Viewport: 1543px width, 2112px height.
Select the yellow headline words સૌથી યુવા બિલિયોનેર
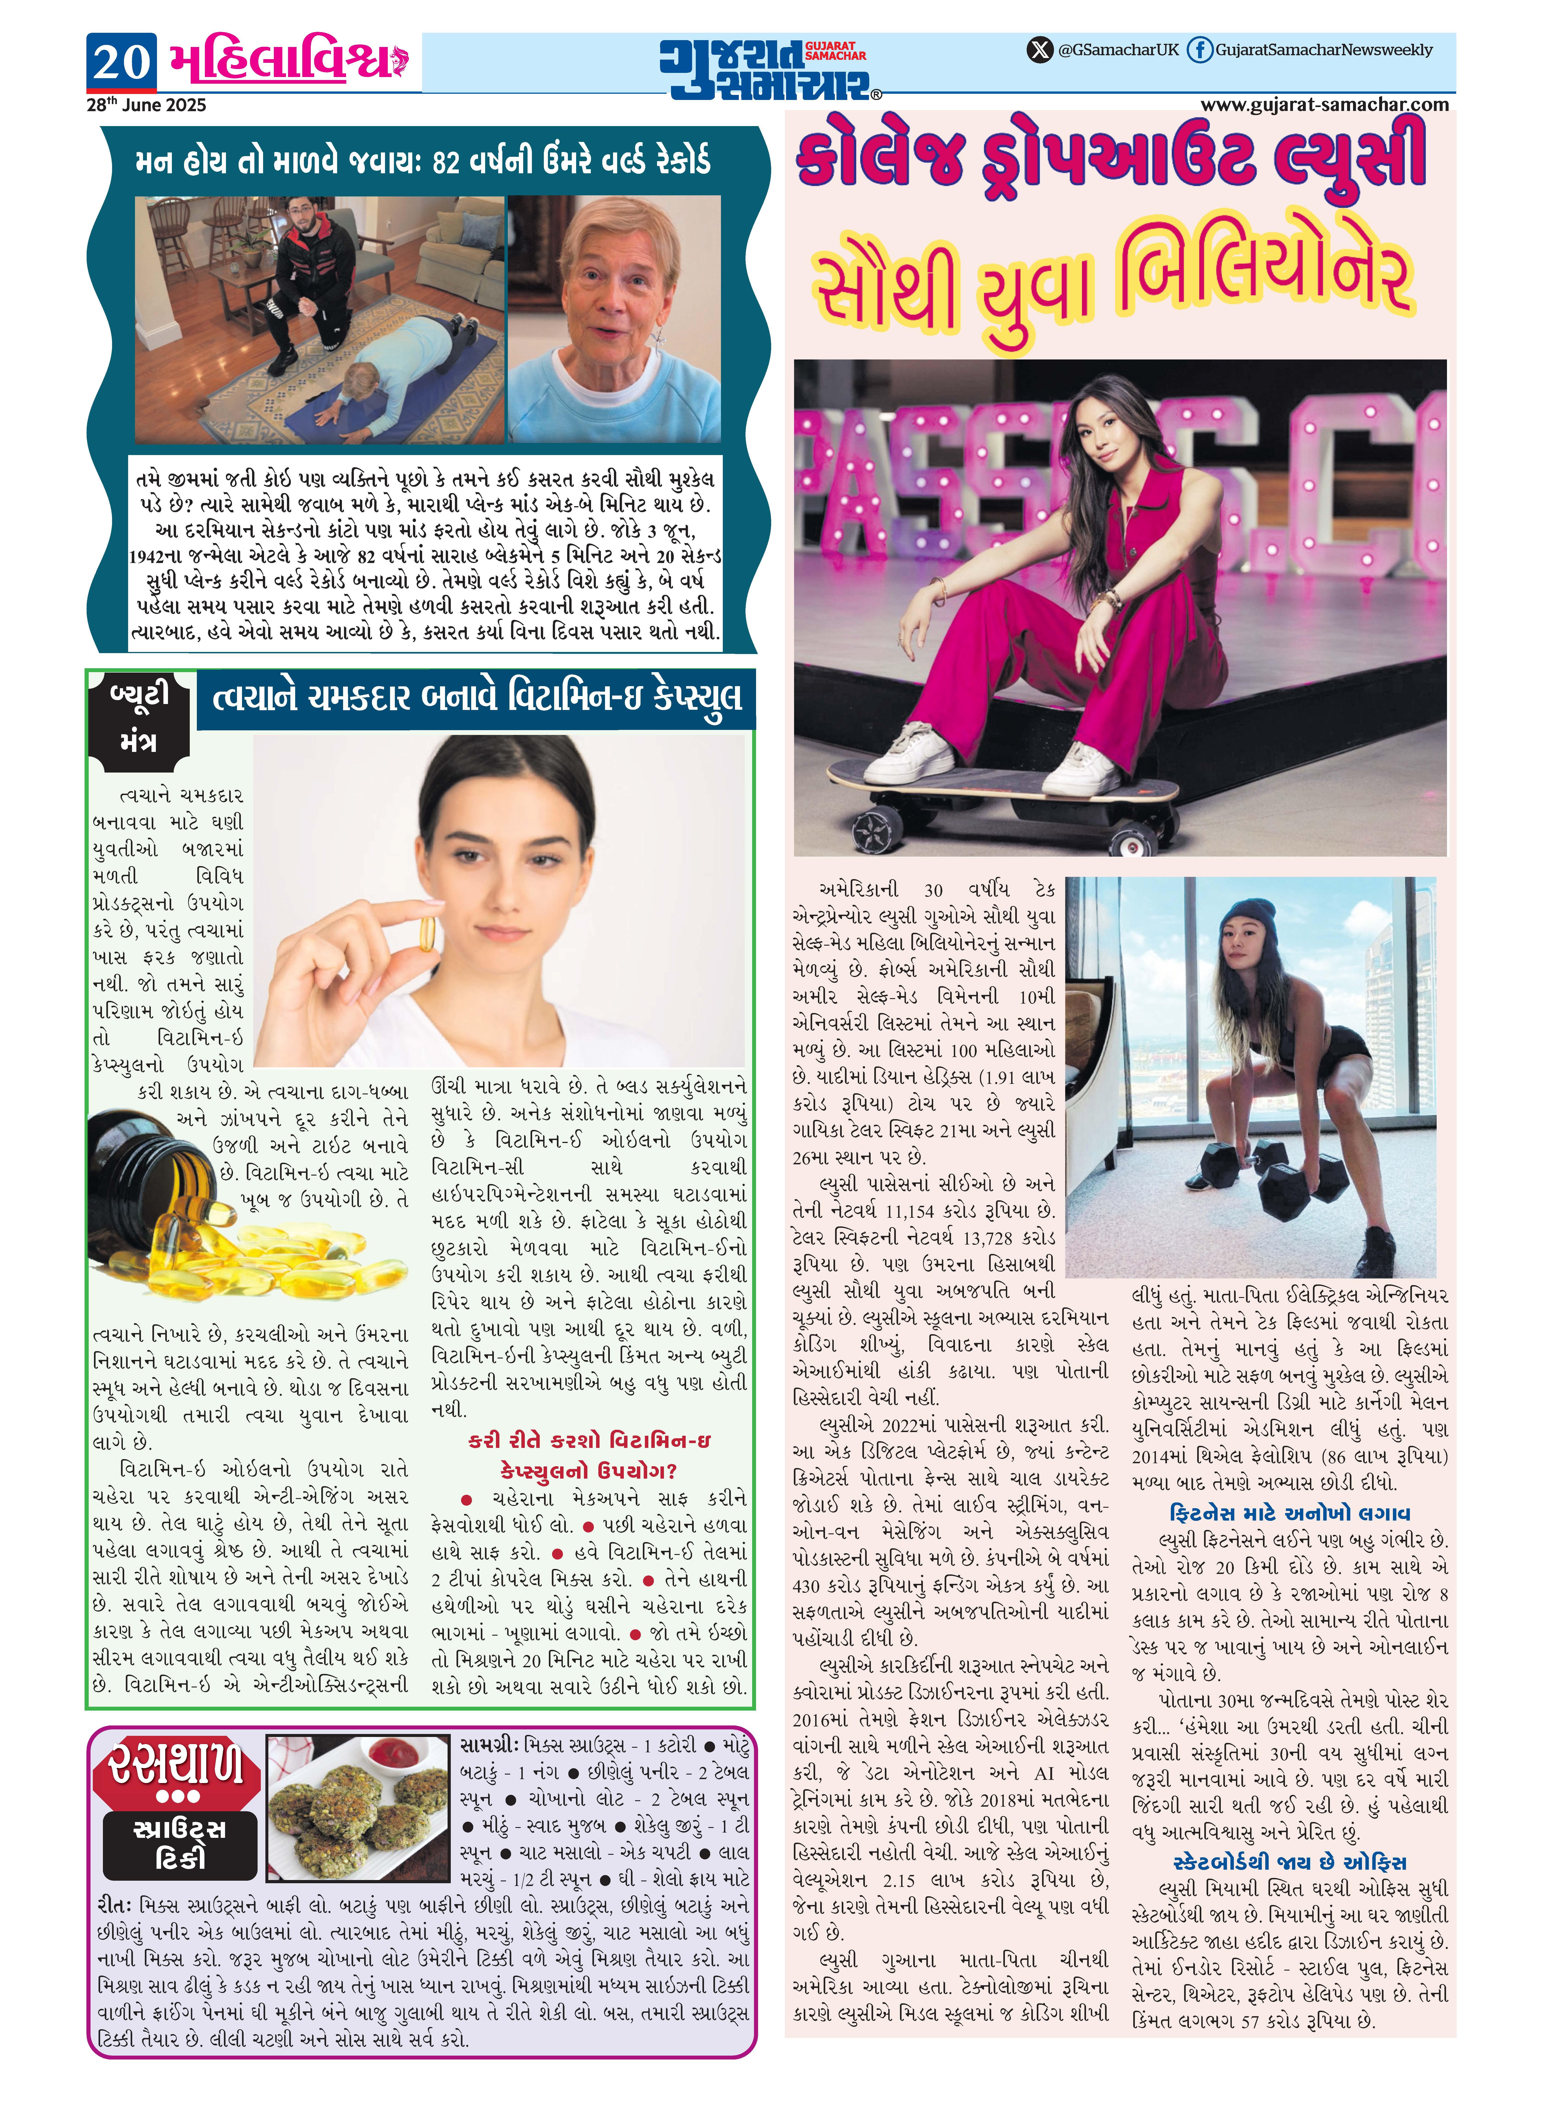[x=1111, y=280]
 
